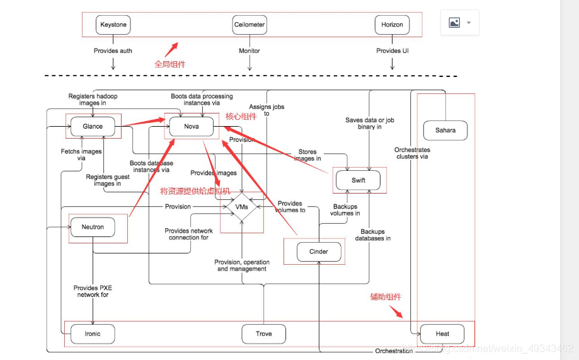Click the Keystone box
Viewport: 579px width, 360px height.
point(113,25)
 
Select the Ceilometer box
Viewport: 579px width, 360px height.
point(249,25)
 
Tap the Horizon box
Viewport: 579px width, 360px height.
point(392,25)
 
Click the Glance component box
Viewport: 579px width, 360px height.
point(93,126)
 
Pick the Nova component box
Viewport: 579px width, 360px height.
point(192,126)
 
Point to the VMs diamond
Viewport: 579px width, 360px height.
point(241,207)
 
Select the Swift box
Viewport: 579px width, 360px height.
point(358,181)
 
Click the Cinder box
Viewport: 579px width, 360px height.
point(319,252)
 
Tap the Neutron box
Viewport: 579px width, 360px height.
point(93,227)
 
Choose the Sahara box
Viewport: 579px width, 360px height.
point(445,131)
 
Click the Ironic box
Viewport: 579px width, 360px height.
point(93,334)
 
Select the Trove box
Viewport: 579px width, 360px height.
point(264,334)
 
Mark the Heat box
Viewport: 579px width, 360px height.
point(442,334)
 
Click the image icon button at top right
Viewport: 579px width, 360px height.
point(459,23)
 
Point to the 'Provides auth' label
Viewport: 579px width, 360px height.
point(113,50)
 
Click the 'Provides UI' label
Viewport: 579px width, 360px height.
point(392,50)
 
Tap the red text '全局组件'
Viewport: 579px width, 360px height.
point(170,64)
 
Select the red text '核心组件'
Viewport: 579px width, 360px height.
point(241,117)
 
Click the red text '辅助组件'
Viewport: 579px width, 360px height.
point(386,297)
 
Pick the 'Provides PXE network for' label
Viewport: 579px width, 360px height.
point(93,291)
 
